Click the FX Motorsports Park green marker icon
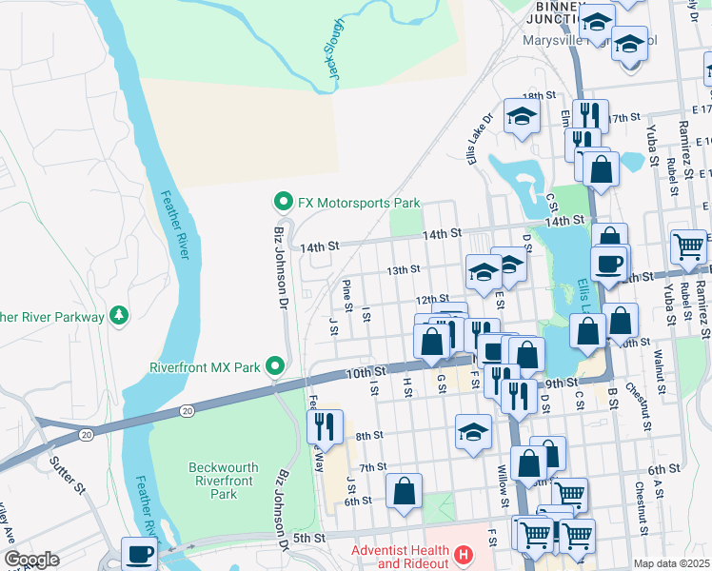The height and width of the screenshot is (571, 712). coord(282,202)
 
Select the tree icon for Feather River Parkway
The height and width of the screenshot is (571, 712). coord(118,314)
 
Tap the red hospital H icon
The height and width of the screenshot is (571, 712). coord(464,553)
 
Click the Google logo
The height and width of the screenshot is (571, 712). coord(31,559)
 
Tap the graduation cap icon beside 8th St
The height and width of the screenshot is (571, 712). coord(473,432)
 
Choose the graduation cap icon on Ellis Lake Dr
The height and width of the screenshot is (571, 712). coord(522,116)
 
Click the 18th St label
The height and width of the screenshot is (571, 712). coord(538,96)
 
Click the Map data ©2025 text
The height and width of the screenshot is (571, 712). coord(671,563)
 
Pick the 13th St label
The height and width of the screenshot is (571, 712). coord(404,270)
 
